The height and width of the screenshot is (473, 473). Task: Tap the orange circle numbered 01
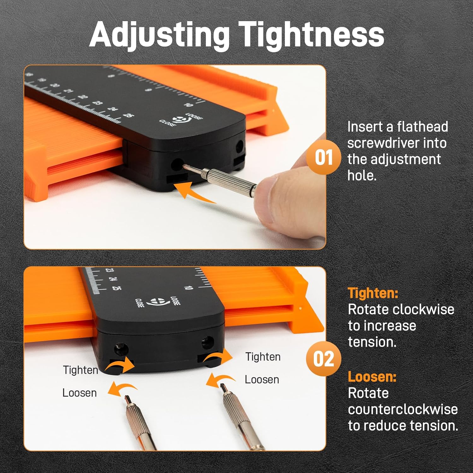tap(324, 157)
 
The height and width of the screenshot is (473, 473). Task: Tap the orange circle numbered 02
tap(324, 359)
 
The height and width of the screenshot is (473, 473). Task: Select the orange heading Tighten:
tap(373, 293)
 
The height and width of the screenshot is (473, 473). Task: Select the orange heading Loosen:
tap(372, 377)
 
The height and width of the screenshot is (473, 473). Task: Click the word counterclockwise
tap(403, 409)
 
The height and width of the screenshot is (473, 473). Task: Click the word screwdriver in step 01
tap(397, 143)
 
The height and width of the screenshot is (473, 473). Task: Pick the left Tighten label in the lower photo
tap(80, 370)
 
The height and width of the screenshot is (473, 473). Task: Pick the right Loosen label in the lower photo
tap(262, 379)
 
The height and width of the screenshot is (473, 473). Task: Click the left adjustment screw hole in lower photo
tap(121, 348)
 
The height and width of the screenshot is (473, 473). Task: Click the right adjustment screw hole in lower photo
tap(207, 342)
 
